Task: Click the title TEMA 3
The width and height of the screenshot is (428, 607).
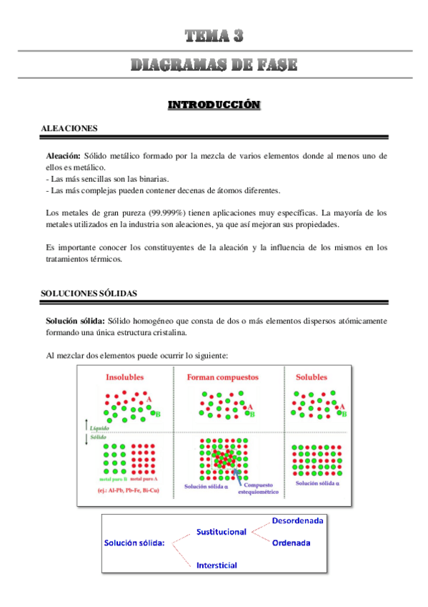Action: coord(214,36)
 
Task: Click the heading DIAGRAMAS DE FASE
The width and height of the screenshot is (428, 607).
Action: coord(214,65)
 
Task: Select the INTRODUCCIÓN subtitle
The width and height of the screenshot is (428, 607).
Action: coord(214,105)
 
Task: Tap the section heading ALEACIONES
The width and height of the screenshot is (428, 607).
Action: coord(69,128)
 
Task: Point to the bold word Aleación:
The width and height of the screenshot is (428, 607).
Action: coord(63,156)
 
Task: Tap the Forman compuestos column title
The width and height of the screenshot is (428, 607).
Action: coord(223,377)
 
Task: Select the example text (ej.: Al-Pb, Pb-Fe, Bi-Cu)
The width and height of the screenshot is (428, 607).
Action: coord(131,491)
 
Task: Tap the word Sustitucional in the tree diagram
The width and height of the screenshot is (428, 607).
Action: coord(221,532)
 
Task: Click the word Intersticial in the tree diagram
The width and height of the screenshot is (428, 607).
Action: coord(217,565)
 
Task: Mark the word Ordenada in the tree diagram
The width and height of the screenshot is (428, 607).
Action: coord(291,543)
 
